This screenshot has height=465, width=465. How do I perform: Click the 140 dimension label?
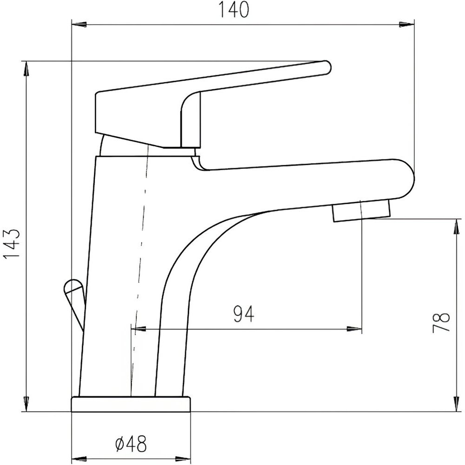[234, 9]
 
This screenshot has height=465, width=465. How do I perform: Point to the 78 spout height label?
[441, 323]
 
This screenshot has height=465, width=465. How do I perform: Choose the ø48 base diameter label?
[131, 444]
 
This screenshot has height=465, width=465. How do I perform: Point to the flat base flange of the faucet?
[131, 404]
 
